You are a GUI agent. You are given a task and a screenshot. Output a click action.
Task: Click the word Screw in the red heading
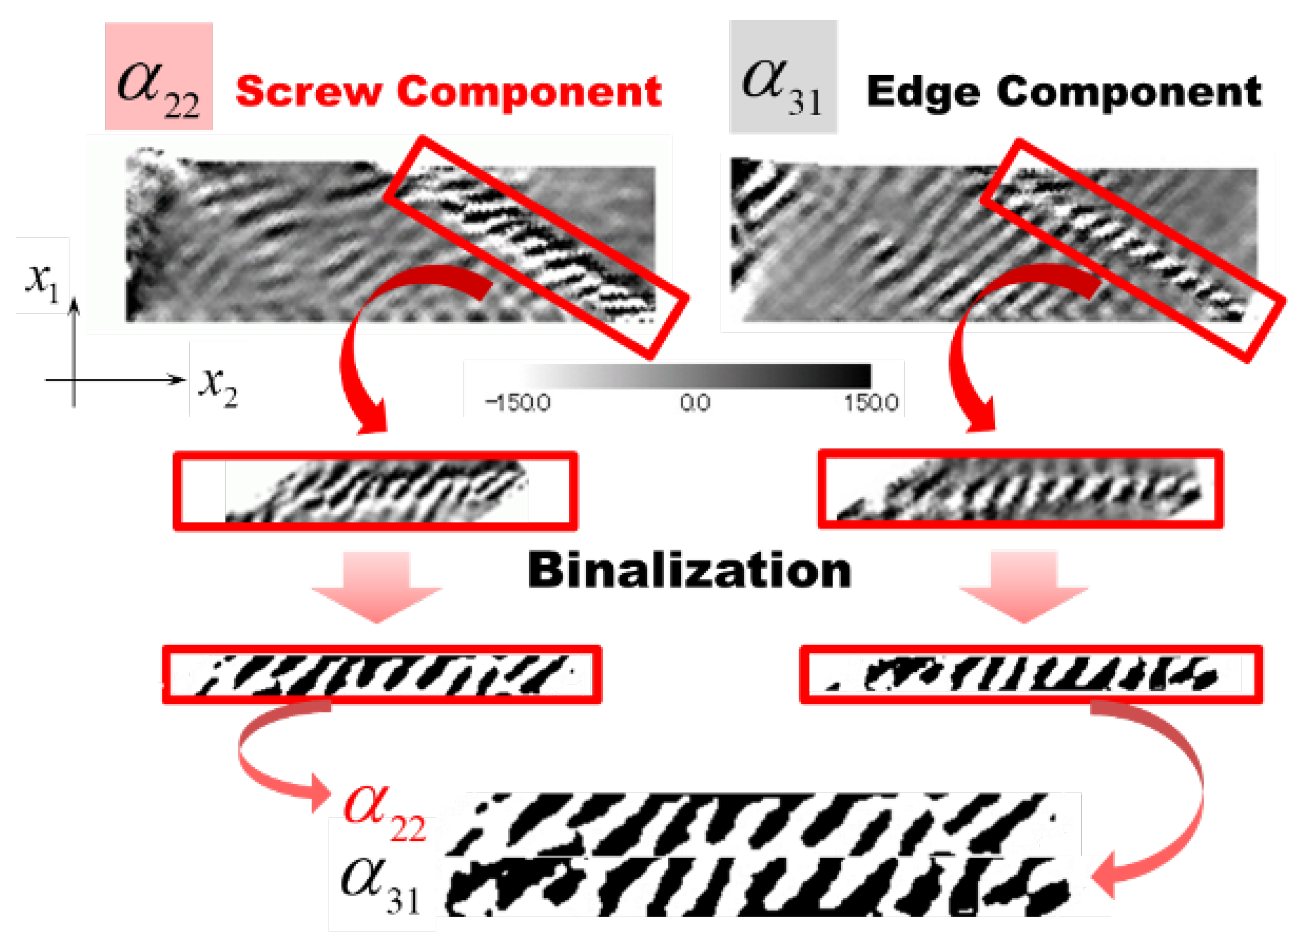(308, 92)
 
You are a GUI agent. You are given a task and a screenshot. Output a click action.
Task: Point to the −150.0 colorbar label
(518, 403)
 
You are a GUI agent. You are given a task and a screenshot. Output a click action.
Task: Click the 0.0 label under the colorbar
(695, 403)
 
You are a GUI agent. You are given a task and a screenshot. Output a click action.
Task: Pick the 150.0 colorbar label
(871, 403)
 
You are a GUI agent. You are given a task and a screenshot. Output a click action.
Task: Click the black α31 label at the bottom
(381, 885)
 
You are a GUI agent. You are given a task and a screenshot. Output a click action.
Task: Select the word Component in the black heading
(1129, 92)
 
